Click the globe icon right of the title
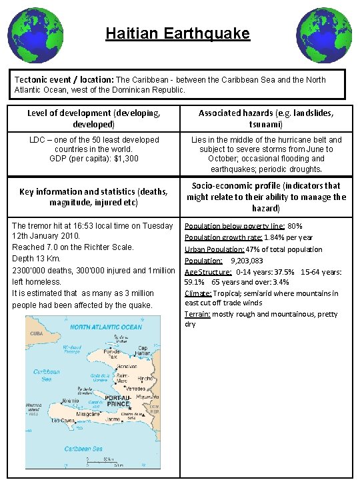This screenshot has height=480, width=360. (x=323, y=34)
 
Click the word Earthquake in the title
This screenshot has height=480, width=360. (x=211, y=33)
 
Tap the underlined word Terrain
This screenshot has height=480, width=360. (x=197, y=314)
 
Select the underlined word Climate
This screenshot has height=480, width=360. (x=198, y=293)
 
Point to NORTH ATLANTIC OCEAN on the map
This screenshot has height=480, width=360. (x=106, y=327)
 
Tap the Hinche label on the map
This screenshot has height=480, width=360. (x=145, y=377)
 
